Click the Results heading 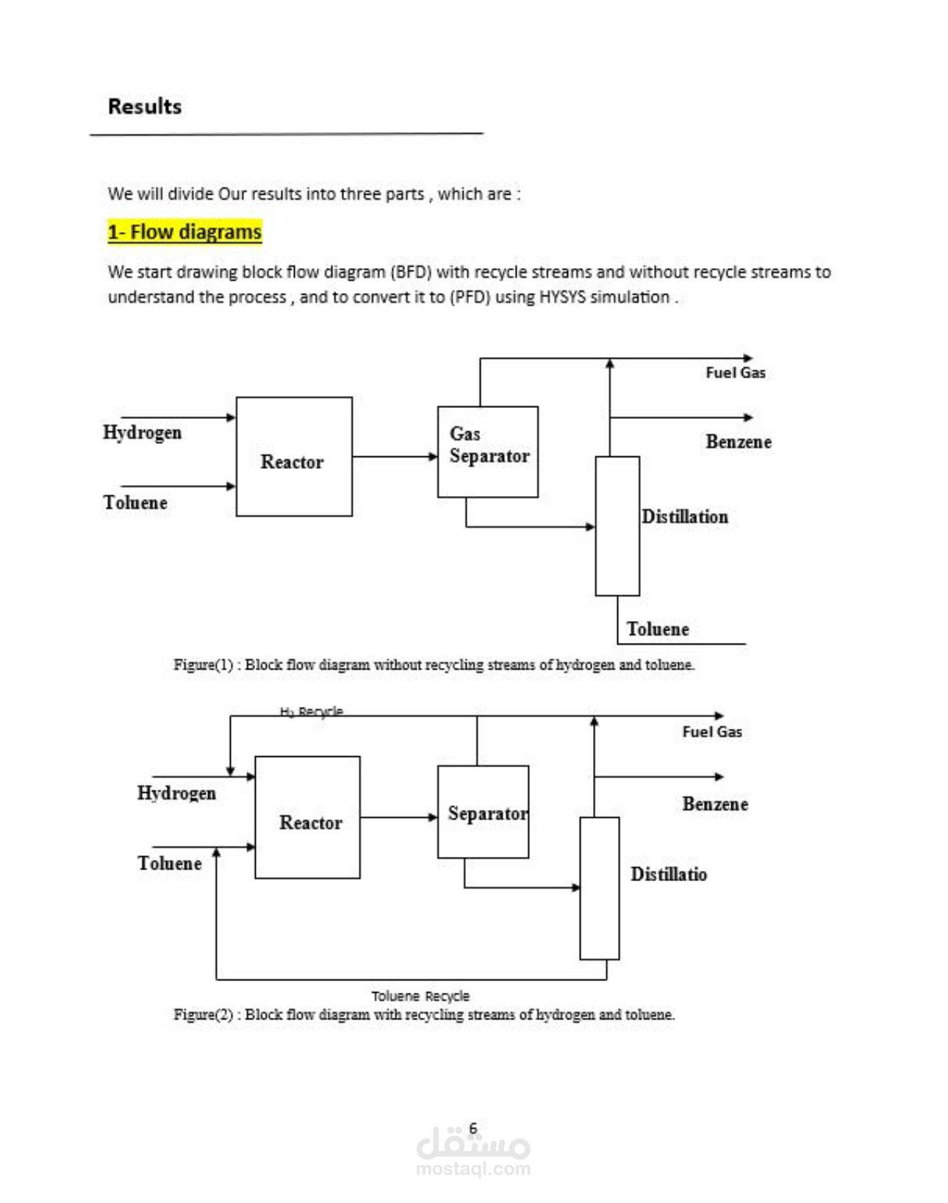pyautogui.click(x=145, y=107)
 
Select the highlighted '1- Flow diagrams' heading pyautogui.click(x=184, y=232)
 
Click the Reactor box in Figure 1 pyautogui.click(x=294, y=456)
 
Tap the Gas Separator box pyautogui.click(x=487, y=451)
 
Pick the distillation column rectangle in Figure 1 pyautogui.click(x=617, y=525)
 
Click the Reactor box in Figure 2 pyautogui.click(x=307, y=817)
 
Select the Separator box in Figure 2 pyautogui.click(x=483, y=811)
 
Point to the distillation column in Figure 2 pyautogui.click(x=599, y=888)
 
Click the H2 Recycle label pyautogui.click(x=312, y=711)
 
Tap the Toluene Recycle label pyautogui.click(x=420, y=996)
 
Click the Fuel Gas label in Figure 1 pyautogui.click(x=736, y=373)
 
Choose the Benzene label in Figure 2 pyautogui.click(x=715, y=804)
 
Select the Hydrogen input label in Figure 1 pyautogui.click(x=142, y=432)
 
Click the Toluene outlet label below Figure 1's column pyautogui.click(x=658, y=629)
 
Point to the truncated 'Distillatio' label pyautogui.click(x=669, y=874)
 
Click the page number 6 pyautogui.click(x=473, y=1127)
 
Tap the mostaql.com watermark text pyautogui.click(x=473, y=1168)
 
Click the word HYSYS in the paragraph pyautogui.click(x=562, y=297)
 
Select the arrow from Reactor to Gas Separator pyautogui.click(x=395, y=456)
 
